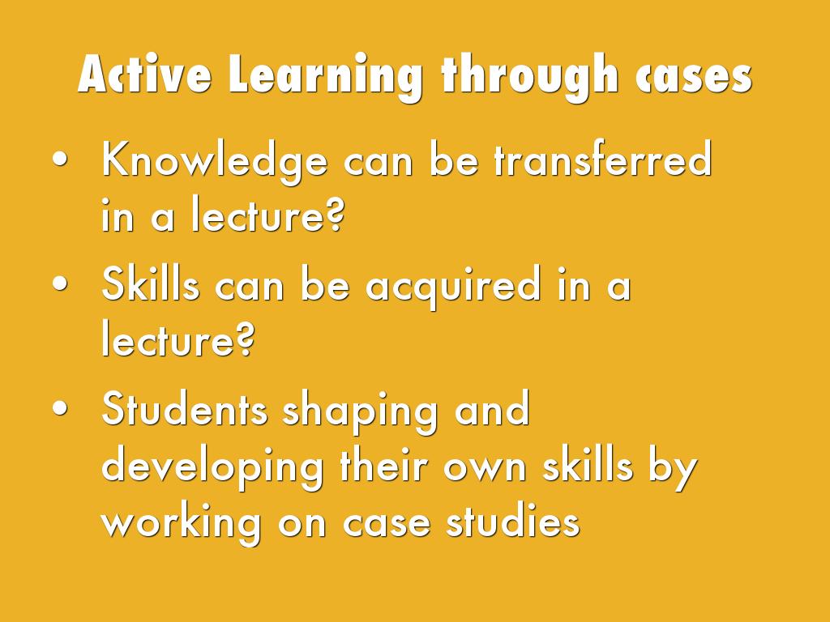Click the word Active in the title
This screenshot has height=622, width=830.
tap(144, 76)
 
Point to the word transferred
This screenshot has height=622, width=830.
tap(602, 160)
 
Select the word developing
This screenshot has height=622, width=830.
tap(212, 469)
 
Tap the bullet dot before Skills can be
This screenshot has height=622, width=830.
tap(59, 286)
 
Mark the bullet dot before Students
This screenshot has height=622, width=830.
tap(59, 410)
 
